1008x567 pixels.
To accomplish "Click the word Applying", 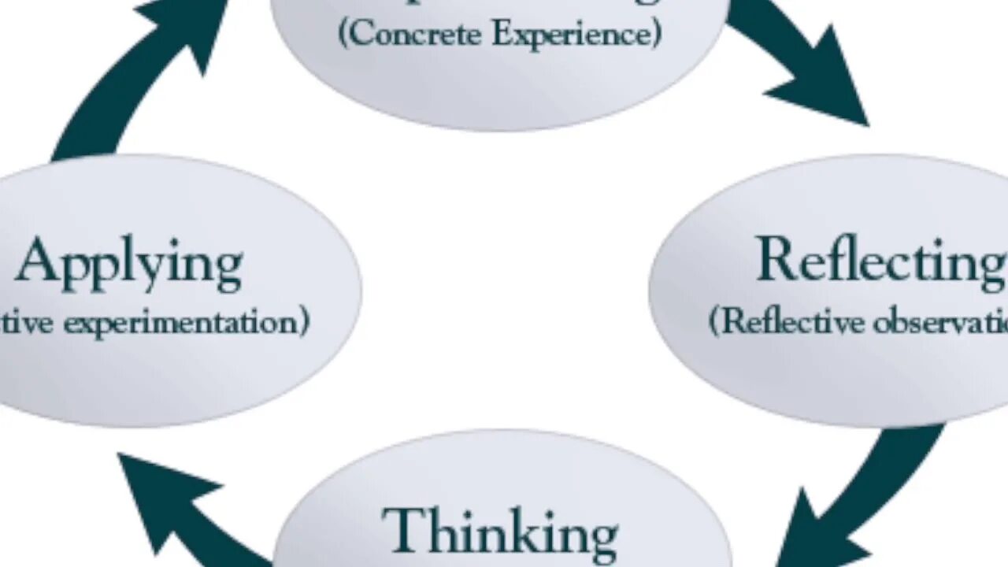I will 128,265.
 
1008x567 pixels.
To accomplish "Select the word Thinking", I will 500,531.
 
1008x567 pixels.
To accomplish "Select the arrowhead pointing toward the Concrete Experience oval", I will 185,28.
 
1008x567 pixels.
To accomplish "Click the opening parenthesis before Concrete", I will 344,35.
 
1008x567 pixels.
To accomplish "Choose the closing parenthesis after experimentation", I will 304,323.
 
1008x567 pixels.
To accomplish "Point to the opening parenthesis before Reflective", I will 715,322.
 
